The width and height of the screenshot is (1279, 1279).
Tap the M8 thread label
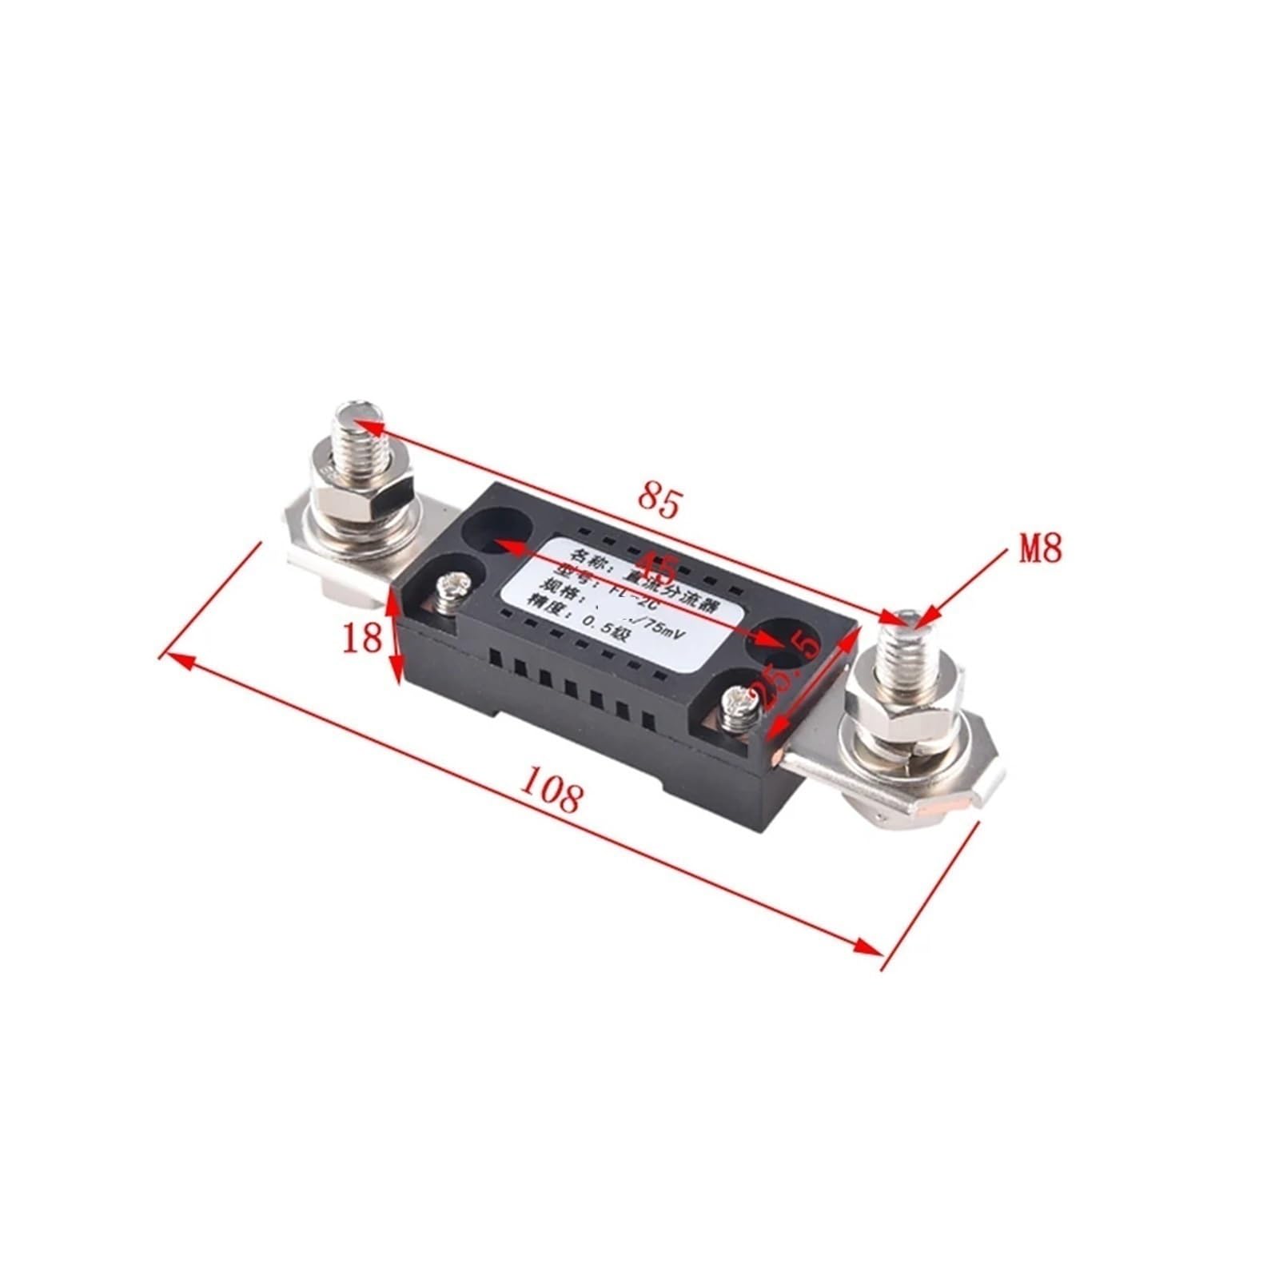(1039, 550)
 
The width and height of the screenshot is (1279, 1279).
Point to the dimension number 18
(362, 638)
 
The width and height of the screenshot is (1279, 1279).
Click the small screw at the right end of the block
(735, 707)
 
